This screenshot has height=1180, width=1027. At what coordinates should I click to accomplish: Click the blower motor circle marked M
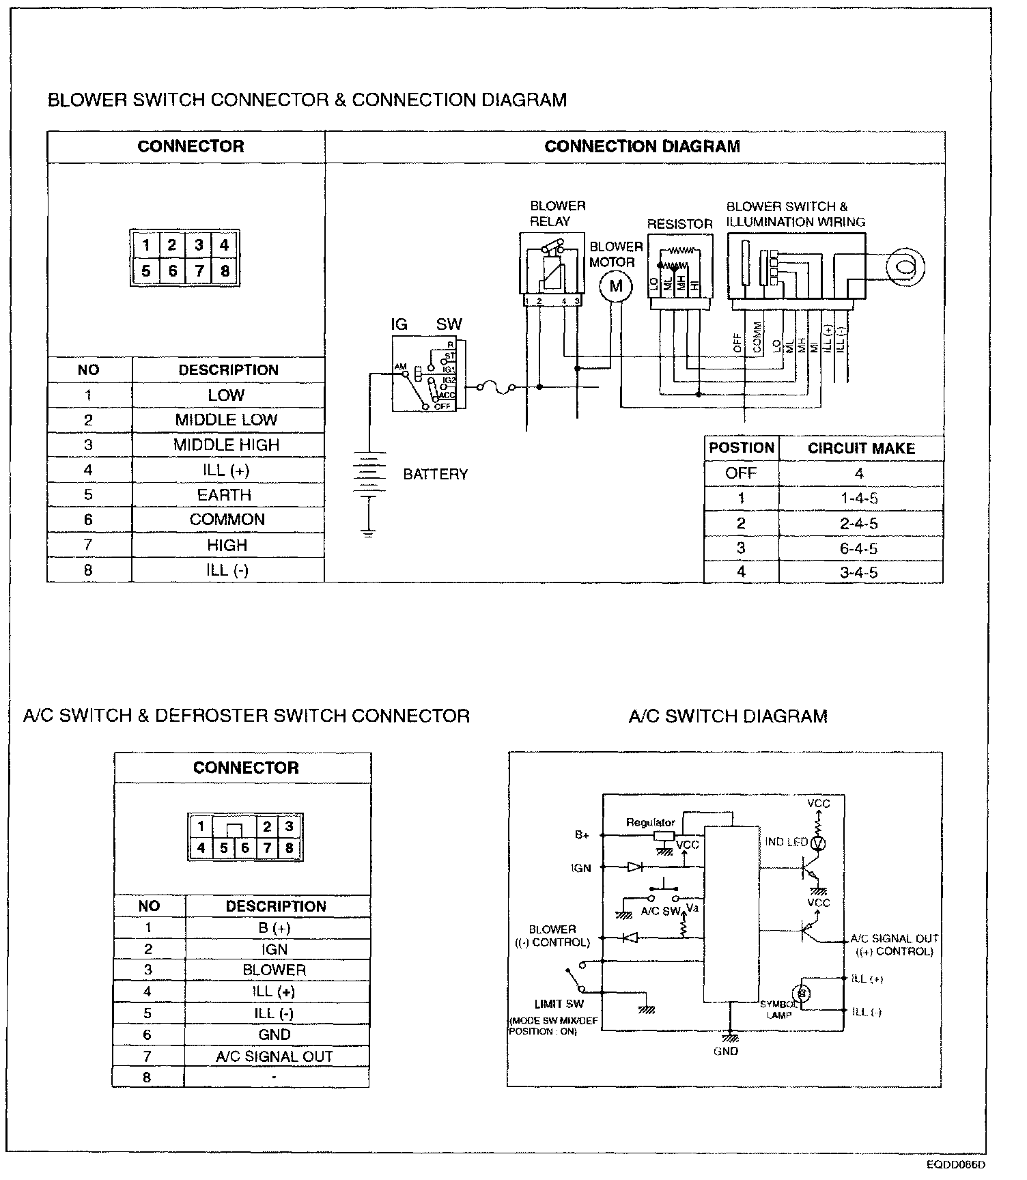click(616, 286)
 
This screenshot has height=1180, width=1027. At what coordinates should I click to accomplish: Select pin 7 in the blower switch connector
click(199, 272)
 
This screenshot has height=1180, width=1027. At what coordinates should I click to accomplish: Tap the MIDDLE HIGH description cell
click(227, 445)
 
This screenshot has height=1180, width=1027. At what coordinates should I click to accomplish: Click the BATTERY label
click(436, 474)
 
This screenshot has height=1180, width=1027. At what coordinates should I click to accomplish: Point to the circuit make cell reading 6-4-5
click(859, 548)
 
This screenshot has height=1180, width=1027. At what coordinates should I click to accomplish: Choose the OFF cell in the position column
click(741, 473)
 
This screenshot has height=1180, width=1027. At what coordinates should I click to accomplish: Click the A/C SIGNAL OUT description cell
click(275, 1056)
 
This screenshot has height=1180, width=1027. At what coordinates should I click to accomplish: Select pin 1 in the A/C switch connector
click(201, 826)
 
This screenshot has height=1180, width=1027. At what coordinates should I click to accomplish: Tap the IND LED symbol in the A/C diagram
click(818, 843)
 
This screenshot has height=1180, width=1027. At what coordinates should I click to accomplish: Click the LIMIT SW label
click(559, 1004)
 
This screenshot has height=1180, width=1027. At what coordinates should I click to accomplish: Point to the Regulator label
click(650, 822)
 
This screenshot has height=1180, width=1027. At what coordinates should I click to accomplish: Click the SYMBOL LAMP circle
click(803, 992)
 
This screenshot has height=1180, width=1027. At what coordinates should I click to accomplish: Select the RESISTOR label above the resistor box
click(679, 224)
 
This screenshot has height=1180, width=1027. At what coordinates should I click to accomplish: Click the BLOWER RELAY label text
click(557, 213)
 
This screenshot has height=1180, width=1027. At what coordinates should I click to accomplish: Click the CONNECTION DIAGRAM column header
click(642, 146)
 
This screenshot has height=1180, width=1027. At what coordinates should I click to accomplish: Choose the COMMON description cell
click(227, 520)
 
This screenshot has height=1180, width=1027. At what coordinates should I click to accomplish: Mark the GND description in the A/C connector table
click(275, 1035)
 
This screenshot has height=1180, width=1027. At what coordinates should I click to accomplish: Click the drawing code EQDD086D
click(956, 1165)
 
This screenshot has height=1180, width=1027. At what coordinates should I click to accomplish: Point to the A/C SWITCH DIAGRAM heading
click(728, 716)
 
